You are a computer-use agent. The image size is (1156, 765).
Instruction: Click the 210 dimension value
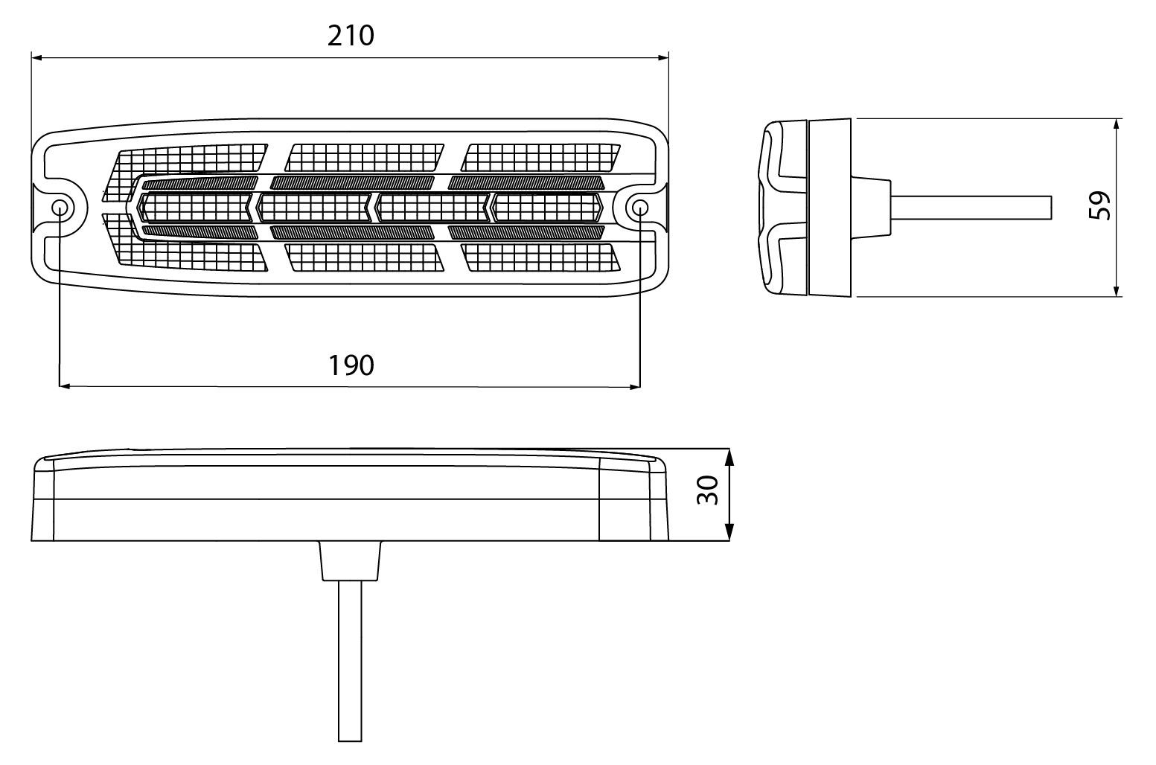(351, 36)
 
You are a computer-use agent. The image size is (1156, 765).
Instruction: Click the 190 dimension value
(351, 365)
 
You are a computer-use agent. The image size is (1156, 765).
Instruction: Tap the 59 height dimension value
(1099, 206)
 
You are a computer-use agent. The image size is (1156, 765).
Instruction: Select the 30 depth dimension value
(708, 490)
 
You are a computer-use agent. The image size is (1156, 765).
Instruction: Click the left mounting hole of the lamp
(60, 208)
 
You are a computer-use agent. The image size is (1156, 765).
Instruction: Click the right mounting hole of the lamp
(640, 208)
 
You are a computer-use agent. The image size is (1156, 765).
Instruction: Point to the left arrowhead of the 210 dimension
(36, 58)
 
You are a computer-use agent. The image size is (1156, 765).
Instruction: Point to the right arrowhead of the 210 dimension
(663, 58)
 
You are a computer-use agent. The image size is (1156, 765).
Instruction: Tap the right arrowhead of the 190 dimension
(635, 386)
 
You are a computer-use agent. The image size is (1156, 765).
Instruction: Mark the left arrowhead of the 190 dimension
(65, 386)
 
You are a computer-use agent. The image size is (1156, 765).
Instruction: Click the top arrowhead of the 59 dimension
(1117, 124)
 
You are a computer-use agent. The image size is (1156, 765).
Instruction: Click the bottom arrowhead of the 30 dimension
(729, 532)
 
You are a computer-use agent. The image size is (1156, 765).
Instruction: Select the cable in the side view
(971, 208)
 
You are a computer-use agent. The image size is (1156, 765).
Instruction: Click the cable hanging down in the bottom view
(350, 662)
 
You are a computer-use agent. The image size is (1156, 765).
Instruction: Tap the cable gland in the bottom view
(350, 560)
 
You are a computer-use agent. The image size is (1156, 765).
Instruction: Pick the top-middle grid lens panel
(364, 157)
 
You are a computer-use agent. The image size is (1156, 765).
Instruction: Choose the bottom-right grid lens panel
(540, 257)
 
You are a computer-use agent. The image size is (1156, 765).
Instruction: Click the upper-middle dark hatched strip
(352, 182)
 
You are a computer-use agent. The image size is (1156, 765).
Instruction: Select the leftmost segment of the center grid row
(196, 208)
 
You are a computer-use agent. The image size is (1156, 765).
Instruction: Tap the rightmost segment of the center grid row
(547, 208)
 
